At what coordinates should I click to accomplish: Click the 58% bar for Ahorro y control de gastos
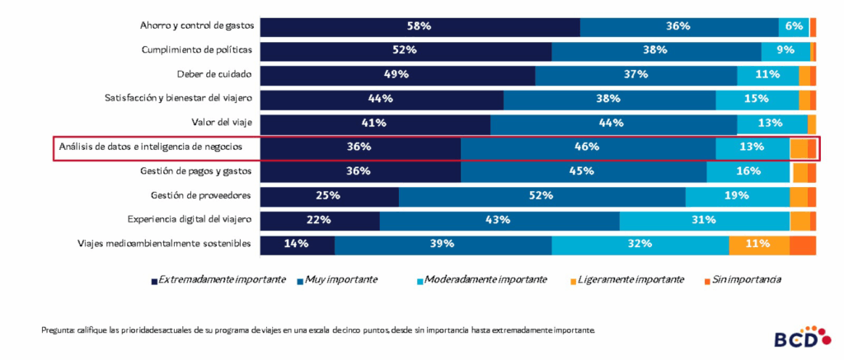click(420, 26)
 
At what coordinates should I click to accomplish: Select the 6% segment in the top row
click(793, 26)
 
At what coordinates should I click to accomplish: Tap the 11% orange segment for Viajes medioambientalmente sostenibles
click(758, 244)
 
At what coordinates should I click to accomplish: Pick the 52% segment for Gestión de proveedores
click(542, 196)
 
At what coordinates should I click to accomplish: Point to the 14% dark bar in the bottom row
click(297, 244)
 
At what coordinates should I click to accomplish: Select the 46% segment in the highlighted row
click(587, 147)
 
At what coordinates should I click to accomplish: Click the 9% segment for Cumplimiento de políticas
click(785, 50)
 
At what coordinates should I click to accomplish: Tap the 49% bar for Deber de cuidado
click(397, 75)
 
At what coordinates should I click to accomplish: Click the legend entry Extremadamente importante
click(221, 280)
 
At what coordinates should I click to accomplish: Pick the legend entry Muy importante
click(340, 280)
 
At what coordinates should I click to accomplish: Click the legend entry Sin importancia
click(746, 280)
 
